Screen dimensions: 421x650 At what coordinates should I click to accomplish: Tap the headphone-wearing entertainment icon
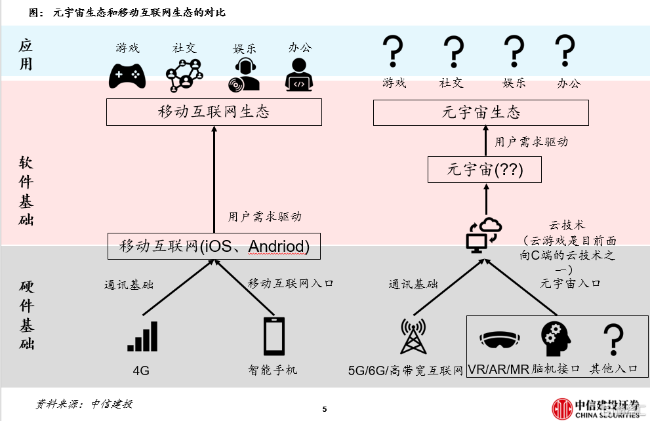click(x=244, y=74)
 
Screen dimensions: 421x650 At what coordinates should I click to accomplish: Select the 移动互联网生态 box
click(x=214, y=111)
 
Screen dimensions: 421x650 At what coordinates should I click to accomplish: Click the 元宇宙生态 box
click(x=481, y=111)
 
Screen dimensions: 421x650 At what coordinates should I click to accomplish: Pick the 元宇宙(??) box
click(x=485, y=169)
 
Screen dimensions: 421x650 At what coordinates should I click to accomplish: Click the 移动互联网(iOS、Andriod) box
click(x=214, y=247)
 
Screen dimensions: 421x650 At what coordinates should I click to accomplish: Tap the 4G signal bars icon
click(x=142, y=336)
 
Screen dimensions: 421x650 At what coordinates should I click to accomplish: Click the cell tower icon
click(x=413, y=336)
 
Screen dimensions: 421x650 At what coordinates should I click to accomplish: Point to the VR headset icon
click(x=499, y=340)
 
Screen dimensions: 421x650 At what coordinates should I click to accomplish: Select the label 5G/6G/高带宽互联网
click(x=406, y=371)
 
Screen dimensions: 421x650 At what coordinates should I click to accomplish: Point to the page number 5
click(x=324, y=410)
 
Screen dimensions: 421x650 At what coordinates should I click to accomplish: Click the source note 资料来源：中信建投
click(x=83, y=404)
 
